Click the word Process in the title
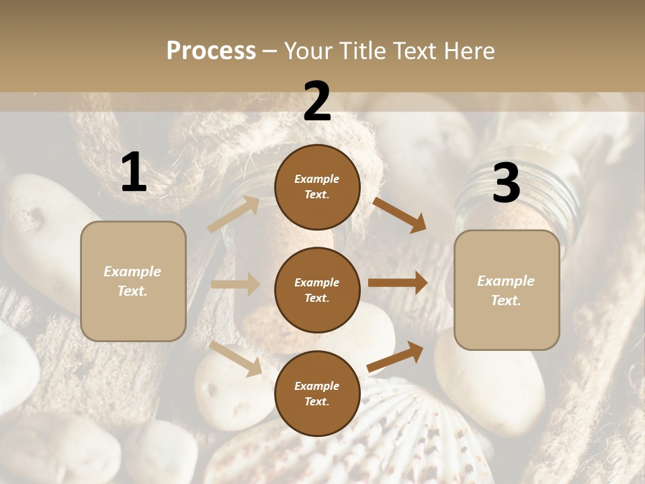click(x=211, y=51)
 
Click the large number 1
click(x=134, y=173)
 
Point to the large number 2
click(x=317, y=102)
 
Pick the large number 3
click(x=507, y=184)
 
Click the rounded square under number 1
click(x=133, y=281)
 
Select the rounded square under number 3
click(x=507, y=290)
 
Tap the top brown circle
click(x=317, y=187)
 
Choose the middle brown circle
click(x=317, y=290)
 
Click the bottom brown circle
click(x=317, y=393)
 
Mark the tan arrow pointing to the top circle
click(x=233, y=214)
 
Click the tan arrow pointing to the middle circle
click(x=235, y=284)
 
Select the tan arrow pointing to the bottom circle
click(x=236, y=358)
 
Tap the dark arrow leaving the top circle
click(x=399, y=214)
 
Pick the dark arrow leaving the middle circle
click(x=398, y=283)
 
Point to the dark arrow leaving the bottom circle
click(x=395, y=356)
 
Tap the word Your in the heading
click(x=309, y=51)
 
